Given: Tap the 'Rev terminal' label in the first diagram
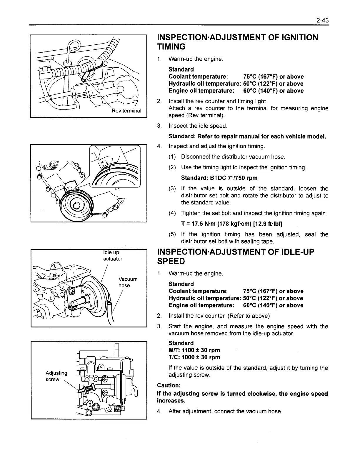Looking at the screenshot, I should (126, 111).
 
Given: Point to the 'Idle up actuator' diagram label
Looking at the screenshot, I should (112, 256).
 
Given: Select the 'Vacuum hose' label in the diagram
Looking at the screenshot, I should (127, 282).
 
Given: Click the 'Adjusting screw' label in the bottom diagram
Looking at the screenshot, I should (56, 376).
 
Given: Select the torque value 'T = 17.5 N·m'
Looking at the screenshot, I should (200, 224).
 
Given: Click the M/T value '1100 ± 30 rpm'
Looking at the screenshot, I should (201, 350).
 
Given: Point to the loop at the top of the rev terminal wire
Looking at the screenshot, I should (72, 47).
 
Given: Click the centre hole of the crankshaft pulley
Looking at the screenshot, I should (76, 206).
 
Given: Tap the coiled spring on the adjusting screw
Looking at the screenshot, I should (88, 390).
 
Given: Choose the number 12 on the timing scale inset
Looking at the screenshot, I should (103, 162).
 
